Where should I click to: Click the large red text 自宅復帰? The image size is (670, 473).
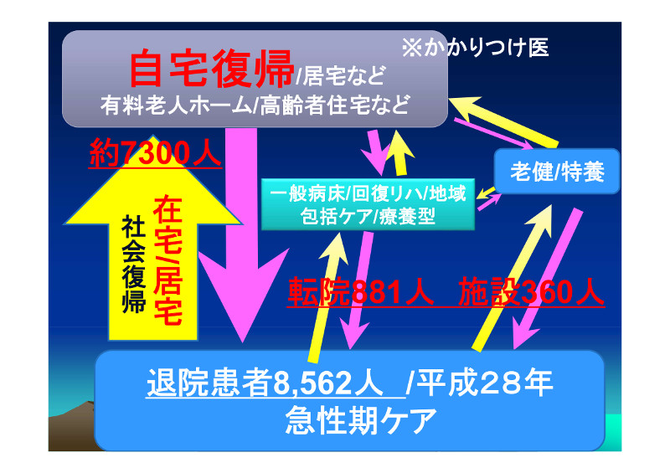(211, 69)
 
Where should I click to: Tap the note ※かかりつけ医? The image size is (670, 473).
(475, 47)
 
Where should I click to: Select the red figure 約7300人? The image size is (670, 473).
(155, 153)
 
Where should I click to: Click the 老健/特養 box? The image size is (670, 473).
(557, 171)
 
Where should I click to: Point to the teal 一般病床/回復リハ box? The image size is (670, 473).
(368, 204)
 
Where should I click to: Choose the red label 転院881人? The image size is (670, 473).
(361, 292)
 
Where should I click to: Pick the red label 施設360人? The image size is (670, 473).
(531, 292)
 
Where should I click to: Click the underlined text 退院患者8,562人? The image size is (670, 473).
(265, 383)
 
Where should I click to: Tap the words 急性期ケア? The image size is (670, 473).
(361, 420)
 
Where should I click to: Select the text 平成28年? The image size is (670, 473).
(484, 383)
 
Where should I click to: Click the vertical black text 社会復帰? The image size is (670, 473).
(134, 264)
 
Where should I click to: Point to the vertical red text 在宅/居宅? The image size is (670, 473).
(168, 260)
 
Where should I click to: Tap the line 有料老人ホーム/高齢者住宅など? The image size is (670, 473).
(255, 105)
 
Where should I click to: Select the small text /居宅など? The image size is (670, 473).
(341, 75)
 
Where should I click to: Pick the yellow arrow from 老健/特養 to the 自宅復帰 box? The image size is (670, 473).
(504, 121)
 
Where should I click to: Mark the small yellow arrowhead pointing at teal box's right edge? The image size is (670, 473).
(481, 194)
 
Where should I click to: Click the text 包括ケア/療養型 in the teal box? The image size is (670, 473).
(368, 217)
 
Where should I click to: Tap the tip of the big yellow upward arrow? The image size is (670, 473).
(153, 136)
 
